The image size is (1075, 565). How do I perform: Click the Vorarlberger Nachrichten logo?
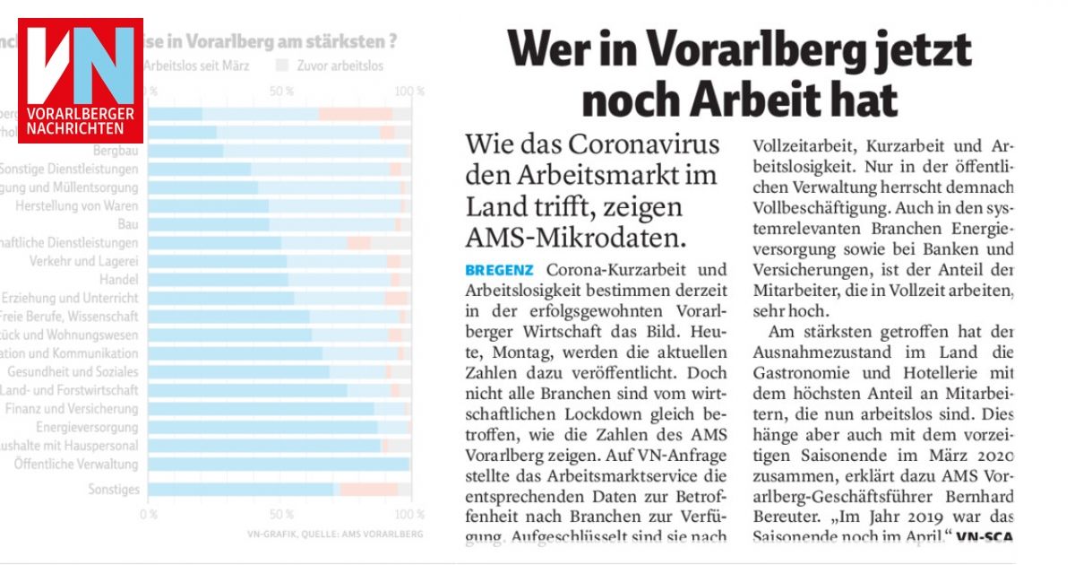81,86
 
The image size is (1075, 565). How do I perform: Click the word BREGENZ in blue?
499,269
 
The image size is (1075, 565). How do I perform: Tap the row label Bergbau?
116,151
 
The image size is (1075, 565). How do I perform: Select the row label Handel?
121,279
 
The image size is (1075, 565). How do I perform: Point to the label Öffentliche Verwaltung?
76,465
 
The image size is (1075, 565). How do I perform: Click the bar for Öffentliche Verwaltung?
278,464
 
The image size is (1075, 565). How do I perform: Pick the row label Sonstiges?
114,490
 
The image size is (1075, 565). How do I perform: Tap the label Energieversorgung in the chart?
87,427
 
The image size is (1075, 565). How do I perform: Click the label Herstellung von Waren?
77,205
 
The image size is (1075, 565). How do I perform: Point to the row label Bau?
129,224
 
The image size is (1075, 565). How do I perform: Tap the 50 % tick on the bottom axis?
281,515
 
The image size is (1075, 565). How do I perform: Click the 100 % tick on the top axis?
410,91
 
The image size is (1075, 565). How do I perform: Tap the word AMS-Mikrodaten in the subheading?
575,237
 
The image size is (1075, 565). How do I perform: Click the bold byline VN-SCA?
985,537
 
